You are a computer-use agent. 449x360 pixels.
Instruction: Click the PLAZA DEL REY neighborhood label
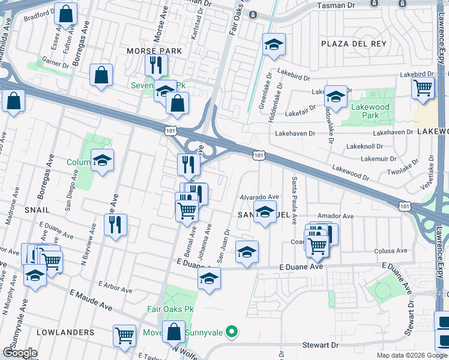351,44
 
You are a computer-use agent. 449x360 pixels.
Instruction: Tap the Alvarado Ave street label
260,197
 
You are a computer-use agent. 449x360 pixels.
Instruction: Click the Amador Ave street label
336,216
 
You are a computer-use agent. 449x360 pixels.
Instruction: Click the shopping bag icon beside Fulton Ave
65,13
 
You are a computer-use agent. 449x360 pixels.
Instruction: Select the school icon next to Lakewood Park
336,96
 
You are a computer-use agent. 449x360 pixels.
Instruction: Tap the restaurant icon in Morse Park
156,64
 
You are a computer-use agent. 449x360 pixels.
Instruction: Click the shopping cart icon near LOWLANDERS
124,335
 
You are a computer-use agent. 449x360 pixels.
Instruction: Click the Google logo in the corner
20,352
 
